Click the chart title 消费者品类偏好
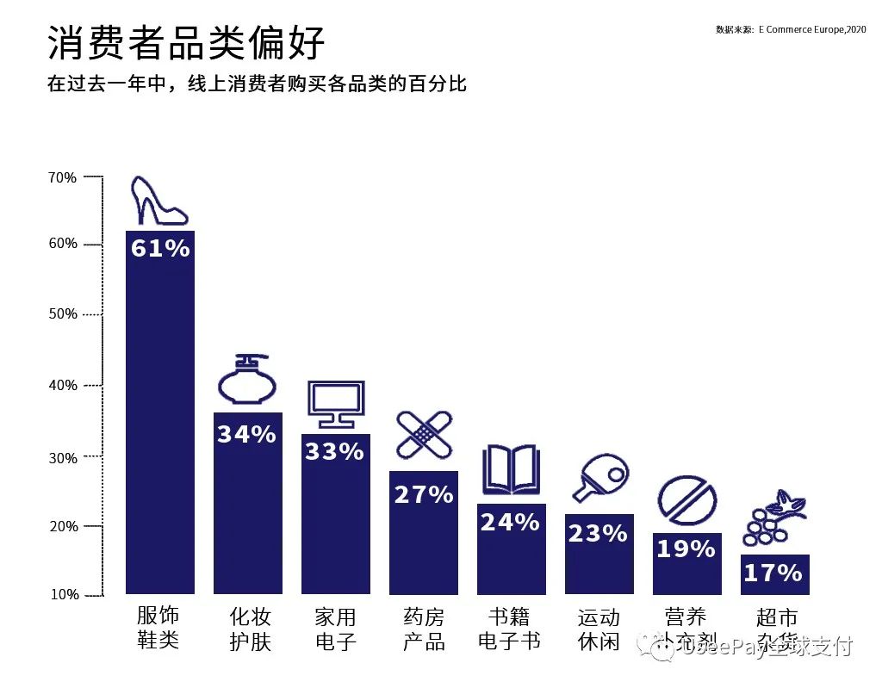click(x=186, y=43)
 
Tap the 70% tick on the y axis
click(x=63, y=177)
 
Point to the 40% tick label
click(x=63, y=385)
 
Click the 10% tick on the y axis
click(x=63, y=594)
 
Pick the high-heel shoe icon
click(x=158, y=201)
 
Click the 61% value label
click(x=160, y=249)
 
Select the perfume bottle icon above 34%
click(x=248, y=380)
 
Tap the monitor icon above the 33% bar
click(x=336, y=404)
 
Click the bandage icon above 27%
click(x=424, y=435)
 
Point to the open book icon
click(x=511, y=469)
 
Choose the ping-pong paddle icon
click(x=600, y=480)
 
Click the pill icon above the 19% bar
click(x=686, y=499)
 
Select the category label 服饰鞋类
click(x=158, y=628)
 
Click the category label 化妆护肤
click(x=250, y=629)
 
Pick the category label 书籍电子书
click(x=509, y=629)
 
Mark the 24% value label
click(x=510, y=523)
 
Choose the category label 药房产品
click(x=424, y=629)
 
